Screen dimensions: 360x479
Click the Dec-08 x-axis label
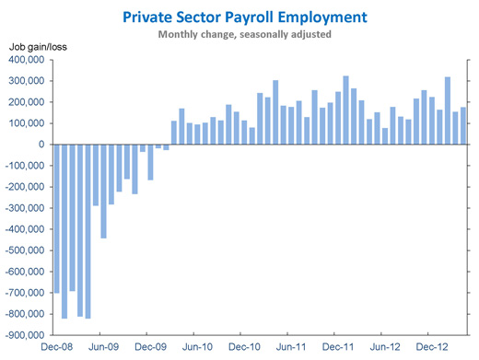56,347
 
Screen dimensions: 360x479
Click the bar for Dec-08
56,218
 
